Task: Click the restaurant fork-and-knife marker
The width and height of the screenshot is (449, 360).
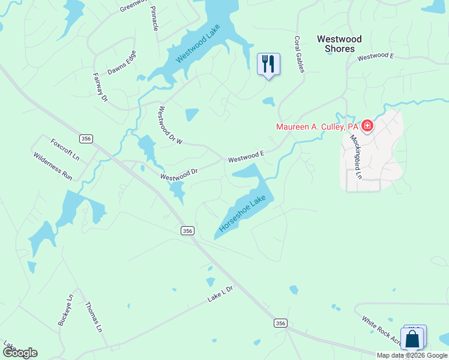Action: (268, 63)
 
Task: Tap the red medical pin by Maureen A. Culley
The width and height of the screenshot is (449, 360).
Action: (367, 126)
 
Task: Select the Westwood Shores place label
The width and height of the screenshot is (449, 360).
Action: (339, 44)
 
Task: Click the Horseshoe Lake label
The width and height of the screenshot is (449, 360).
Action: (242, 214)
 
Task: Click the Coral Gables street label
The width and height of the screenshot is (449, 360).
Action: (299, 54)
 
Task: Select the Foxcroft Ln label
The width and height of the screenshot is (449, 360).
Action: (65, 149)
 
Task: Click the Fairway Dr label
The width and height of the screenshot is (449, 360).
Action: (100, 86)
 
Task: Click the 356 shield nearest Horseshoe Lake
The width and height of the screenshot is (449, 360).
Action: (187, 230)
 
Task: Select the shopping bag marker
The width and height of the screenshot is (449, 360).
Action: (412, 340)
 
